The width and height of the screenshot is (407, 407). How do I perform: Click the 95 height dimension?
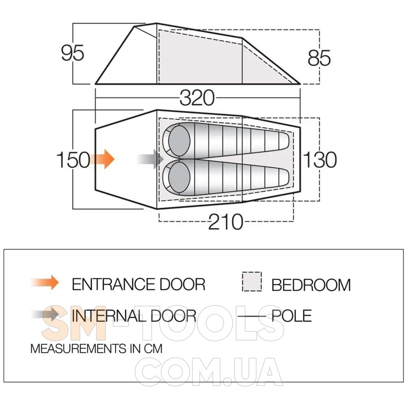point(73,53)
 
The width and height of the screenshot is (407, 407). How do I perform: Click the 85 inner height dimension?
point(319,58)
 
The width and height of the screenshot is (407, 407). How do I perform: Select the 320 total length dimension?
point(197,98)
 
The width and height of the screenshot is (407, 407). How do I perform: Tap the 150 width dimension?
point(73,160)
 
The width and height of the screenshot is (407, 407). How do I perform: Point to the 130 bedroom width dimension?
point(320,160)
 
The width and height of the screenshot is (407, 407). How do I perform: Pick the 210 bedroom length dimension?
point(225,222)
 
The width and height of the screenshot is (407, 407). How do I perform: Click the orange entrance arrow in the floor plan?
point(103,159)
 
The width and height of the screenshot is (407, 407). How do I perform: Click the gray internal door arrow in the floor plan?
point(151,159)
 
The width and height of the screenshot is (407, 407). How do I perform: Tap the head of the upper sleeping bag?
point(179,140)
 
